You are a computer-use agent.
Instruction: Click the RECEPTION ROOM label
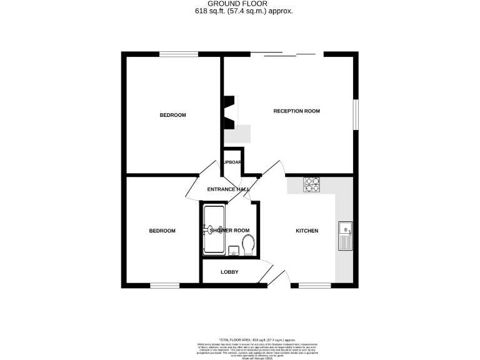tap(296, 111)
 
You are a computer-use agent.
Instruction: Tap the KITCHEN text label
tap(307, 231)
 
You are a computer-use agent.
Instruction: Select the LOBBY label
tap(229, 272)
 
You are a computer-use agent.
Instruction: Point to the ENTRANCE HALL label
tap(228, 189)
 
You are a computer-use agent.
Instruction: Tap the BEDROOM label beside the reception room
tap(172, 115)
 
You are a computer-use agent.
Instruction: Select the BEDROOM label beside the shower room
tap(162, 231)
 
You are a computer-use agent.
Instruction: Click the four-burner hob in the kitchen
tap(311, 184)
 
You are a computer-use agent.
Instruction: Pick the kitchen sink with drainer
tap(345, 236)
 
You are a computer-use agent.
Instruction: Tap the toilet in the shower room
tap(248, 245)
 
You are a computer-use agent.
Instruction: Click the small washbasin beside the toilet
tap(233, 251)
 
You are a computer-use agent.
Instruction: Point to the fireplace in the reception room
tap(230, 111)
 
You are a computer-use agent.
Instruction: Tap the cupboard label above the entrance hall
tap(232, 162)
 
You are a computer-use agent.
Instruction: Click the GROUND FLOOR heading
tap(240, 4)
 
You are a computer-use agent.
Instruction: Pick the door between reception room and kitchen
tap(272, 167)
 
